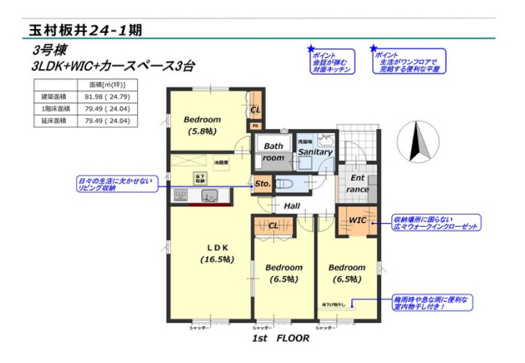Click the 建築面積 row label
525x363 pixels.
click(54, 96)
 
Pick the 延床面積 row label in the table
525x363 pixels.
click(54, 122)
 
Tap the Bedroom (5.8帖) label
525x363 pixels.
click(201, 125)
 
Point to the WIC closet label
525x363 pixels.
click(357, 220)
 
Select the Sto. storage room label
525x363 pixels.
click(262, 184)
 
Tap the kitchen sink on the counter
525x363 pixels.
click(211, 196)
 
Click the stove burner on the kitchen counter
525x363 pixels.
click(179, 196)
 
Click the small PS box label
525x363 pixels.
click(254, 126)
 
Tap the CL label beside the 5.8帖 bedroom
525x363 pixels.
click(255, 109)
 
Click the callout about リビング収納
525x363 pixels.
click(114, 184)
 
